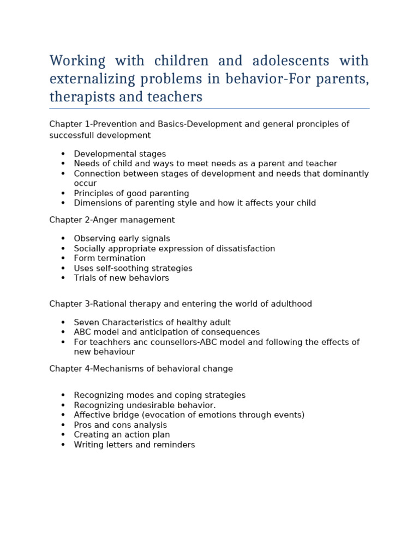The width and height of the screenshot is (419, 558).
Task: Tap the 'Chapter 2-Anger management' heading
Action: (112, 220)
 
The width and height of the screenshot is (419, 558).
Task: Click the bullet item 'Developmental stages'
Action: (119, 154)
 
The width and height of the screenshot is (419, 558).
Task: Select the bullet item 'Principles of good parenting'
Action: (131, 193)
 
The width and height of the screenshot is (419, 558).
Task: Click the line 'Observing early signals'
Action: (122, 239)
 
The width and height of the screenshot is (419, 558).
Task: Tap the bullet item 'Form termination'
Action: (109, 258)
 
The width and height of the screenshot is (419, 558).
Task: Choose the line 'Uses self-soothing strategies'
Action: (133, 268)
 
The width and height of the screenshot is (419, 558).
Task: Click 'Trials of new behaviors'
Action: (121, 278)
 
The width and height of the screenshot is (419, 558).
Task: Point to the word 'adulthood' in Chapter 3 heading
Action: (293, 304)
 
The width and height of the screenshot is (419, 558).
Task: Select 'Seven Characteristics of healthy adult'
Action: (152, 323)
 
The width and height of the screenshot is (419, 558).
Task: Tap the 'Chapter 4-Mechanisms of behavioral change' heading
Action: (141, 369)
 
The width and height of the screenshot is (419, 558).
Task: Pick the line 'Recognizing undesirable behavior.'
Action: (145, 405)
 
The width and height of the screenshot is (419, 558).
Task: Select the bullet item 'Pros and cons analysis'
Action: (120, 425)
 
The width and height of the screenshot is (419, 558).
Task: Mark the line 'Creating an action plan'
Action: (122, 435)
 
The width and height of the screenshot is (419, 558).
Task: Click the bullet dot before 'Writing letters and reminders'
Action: (63, 445)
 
